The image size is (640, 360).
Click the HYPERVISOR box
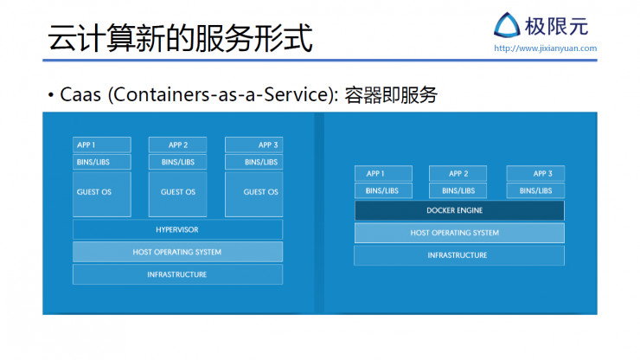click(x=177, y=229)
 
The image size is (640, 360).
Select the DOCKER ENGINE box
click(x=458, y=210)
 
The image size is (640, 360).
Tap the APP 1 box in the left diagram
click(x=101, y=145)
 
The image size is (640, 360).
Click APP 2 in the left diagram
click(x=177, y=145)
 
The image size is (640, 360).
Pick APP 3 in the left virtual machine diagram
click(x=253, y=145)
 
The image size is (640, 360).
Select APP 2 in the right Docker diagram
click(x=458, y=173)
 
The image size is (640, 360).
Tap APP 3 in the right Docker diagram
click(x=535, y=173)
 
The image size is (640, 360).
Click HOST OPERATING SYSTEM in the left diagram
click(x=177, y=252)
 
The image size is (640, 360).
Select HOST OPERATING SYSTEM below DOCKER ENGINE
click(x=458, y=233)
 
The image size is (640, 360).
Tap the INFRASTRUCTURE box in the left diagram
click(x=177, y=274)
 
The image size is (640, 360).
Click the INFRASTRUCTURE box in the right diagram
click(x=458, y=255)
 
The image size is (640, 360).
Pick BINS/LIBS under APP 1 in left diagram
click(x=101, y=162)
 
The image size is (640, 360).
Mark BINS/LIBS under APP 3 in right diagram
click(x=535, y=190)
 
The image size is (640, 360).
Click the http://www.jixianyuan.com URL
click(x=545, y=48)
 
